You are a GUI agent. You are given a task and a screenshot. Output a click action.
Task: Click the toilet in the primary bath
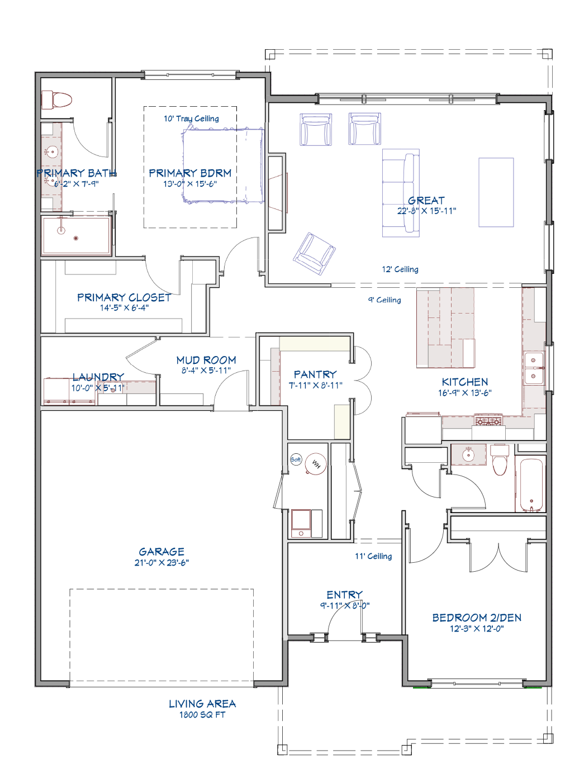(x=56, y=99)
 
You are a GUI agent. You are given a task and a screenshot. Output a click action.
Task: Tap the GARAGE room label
(x=162, y=552)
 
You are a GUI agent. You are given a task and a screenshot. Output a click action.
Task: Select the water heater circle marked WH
(x=315, y=463)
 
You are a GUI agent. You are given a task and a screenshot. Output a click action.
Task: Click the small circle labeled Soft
(x=296, y=459)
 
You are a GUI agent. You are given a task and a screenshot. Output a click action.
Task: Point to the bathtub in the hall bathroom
(x=529, y=485)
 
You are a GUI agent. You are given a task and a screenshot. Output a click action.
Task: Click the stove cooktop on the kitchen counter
(x=488, y=420)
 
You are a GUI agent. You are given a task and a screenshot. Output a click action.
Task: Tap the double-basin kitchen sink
(x=534, y=368)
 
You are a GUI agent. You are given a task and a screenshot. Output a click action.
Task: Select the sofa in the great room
(x=401, y=193)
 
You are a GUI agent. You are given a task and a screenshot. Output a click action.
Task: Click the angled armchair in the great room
(x=314, y=253)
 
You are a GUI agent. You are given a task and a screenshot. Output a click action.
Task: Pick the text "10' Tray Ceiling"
(x=191, y=118)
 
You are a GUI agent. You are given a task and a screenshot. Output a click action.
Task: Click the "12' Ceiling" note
(x=400, y=269)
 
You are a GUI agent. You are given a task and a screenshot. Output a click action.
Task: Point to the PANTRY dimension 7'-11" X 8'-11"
(x=315, y=385)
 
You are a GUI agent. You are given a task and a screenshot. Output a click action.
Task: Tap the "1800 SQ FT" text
(x=202, y=714)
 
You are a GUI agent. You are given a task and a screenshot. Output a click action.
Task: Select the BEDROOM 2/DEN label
(x=477, y=618)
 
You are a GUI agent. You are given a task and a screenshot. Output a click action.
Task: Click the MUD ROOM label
(x=206, y=360)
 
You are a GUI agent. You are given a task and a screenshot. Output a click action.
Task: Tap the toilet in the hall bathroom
(x=500, y=460)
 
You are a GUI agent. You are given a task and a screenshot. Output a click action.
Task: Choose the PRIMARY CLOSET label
(x=125, y=297)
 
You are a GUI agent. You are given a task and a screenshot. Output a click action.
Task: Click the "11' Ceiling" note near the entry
(x=373, y=556)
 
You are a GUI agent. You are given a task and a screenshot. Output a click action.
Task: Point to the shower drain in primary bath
(x=75, y=239)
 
